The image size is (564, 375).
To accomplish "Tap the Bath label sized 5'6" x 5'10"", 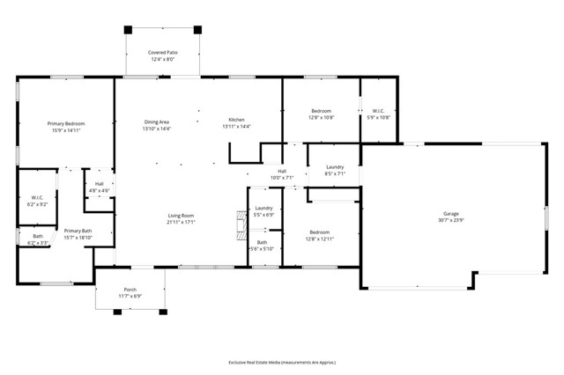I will (x=263, y=246).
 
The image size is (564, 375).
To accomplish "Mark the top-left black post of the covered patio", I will (x=128, y=29).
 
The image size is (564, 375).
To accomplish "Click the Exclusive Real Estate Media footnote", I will (x=281, y=362).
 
